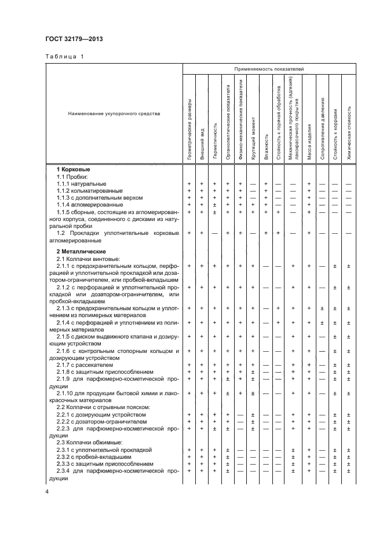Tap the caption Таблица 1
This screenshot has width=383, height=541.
click(64, 57)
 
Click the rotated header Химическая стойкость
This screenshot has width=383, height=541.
click(349, 133)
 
